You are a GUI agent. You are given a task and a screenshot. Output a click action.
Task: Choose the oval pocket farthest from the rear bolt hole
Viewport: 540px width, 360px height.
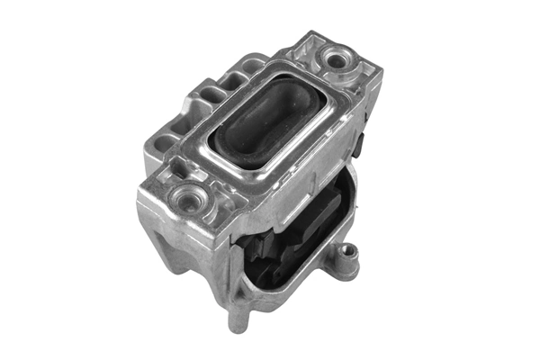165,143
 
